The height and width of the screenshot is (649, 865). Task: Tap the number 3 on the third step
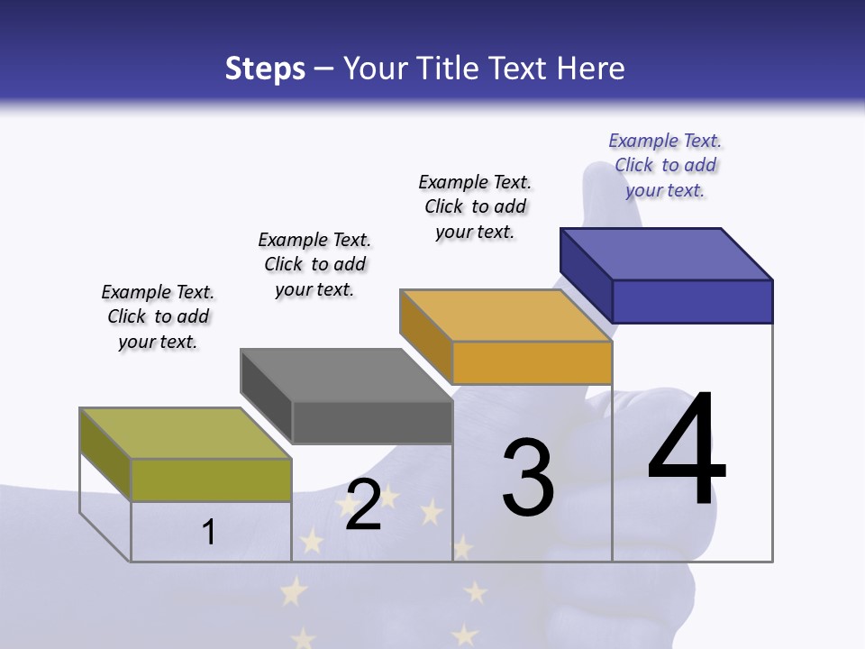tap(528, 478)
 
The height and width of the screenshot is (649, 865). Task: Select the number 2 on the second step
tap(363, 504)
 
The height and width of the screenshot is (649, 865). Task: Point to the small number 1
tap(209, 532)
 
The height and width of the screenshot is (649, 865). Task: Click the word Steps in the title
tap(265, 68)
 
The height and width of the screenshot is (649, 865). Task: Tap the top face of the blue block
tap(667, 254)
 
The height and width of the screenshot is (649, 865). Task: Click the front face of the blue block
tap(692, 301)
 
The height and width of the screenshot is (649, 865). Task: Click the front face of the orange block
tap(532, 362)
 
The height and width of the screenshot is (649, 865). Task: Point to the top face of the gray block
tap(346, 375)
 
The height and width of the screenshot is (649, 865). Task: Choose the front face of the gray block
tap(372, 422)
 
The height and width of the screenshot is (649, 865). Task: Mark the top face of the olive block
tap(186, 434)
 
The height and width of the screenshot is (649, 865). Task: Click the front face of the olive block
tap(211, 480)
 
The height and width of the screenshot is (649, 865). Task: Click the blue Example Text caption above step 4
tap(665, 165)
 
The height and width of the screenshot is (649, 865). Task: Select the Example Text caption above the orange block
tap(475, 206)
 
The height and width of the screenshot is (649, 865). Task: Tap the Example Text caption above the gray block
tap(314, 264)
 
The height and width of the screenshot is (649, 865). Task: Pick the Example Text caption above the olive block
tap(158, 316)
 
